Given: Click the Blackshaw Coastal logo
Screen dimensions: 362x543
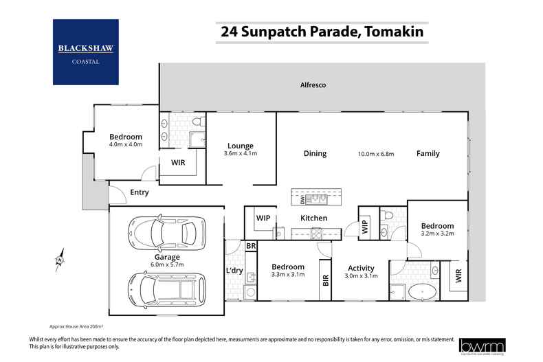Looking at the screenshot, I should pos(86,52).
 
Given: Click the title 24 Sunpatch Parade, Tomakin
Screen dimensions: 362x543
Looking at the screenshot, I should pos(321,32).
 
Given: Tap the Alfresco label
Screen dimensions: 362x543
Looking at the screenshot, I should pos(313,85).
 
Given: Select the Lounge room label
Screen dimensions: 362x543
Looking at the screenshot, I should pos(241,146).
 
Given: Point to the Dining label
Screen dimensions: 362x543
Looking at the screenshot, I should pos(315,154).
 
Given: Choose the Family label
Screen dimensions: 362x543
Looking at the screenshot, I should pos(428,154).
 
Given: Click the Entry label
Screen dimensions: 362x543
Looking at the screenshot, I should pos(140,192).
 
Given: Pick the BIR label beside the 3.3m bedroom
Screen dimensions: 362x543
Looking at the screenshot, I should pos(325,280).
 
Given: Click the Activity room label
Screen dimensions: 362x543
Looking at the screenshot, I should pos(361,268).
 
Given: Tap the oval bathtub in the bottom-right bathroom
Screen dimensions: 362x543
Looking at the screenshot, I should pos(421,293).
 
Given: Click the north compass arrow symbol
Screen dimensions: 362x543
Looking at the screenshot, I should pos(60,259).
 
